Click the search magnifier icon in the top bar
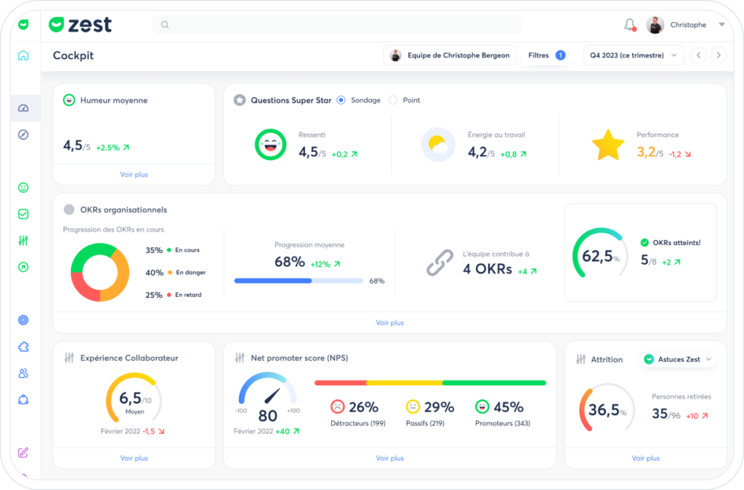(165, 25)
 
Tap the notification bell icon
(630, 25)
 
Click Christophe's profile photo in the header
(655, 25)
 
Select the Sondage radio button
(341, 100)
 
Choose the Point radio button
(393, 100)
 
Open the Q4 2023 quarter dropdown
(634, 55)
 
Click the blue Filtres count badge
(560, 55)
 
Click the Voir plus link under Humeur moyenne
(134, 174)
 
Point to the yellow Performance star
(608, 145)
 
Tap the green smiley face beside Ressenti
(270, 145)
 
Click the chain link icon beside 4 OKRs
(440, 262)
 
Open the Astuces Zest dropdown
(678, 359)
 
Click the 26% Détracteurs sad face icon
(337, 407)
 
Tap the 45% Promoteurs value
(508, 407)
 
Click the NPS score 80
(267, 416)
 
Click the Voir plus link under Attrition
(646, 458)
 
